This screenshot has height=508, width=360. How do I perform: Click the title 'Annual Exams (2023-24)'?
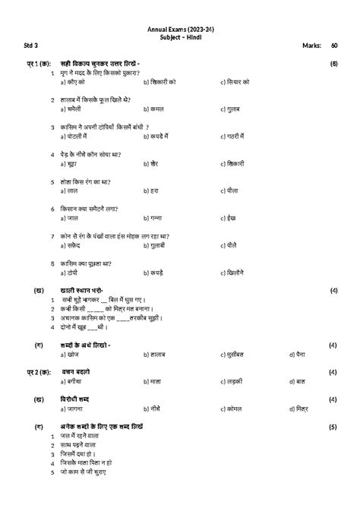click(x=179, y=29)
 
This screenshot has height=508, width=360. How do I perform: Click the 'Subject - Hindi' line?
click(x=179, y=36)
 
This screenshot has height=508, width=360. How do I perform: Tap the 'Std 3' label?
click(x=21, y=46)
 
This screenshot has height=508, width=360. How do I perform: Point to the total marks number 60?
click(x=334, y=46)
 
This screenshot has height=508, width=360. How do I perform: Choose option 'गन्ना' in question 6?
click(x=158, y=218)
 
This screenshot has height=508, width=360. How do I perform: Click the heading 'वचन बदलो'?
click(x=76, y=371)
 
